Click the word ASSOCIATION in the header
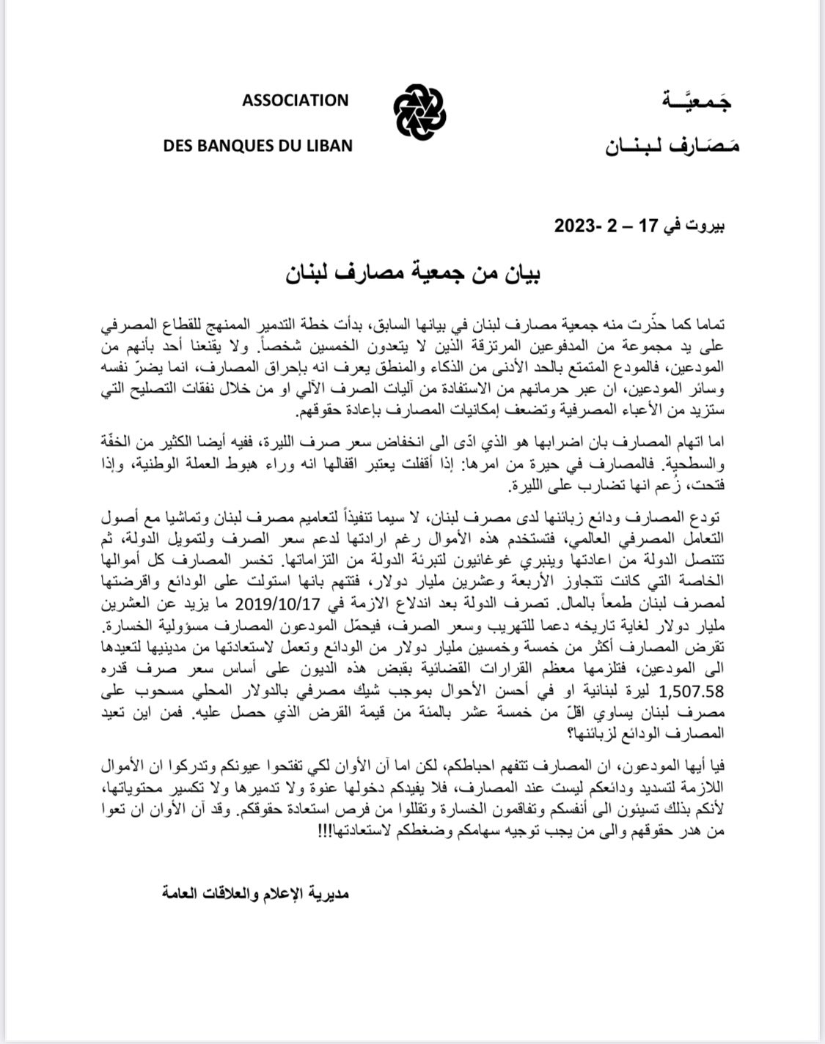295,100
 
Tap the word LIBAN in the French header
328,145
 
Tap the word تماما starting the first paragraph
708,324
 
